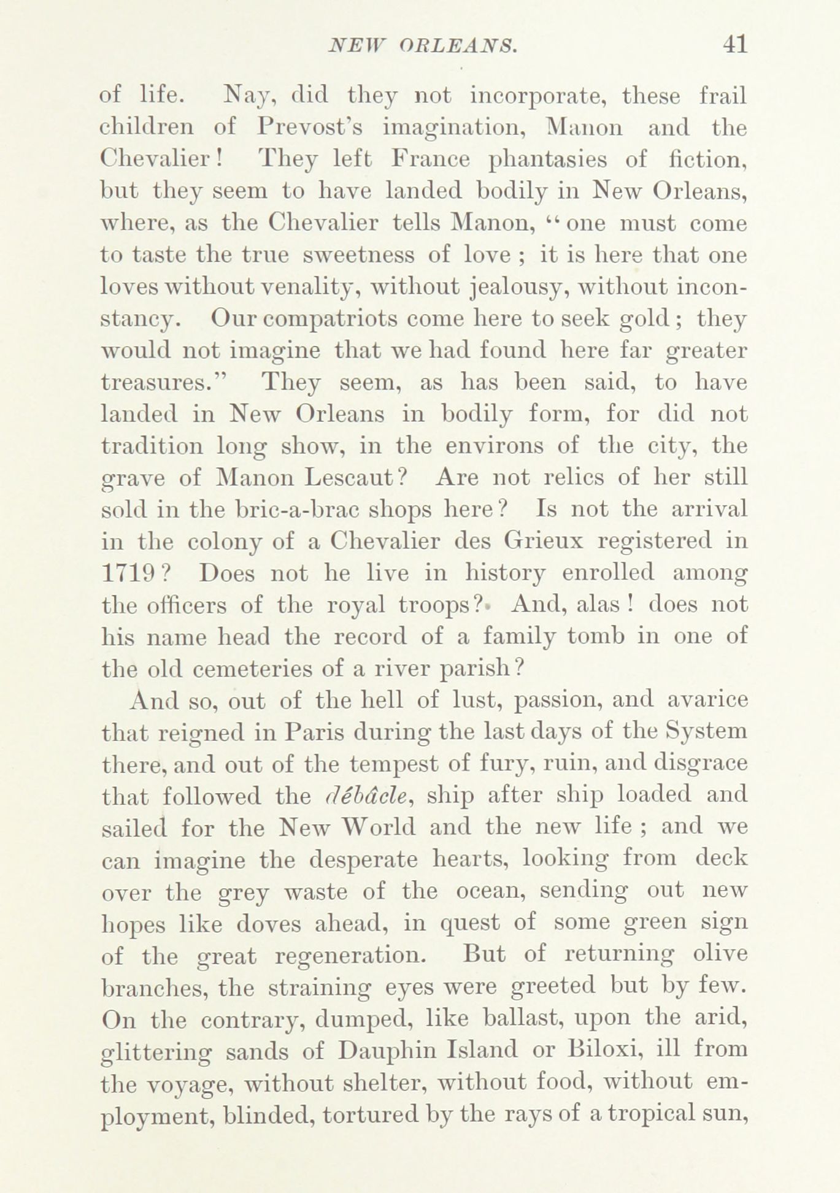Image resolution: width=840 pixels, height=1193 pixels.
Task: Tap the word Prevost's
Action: [x=311, y=128]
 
